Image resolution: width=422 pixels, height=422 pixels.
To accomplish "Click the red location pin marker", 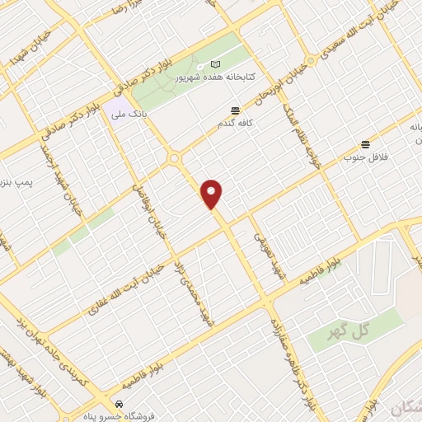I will (213, 194).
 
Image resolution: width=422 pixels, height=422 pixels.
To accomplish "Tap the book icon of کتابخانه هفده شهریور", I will (216, 64).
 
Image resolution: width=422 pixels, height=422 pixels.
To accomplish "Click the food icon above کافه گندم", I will (237, 110).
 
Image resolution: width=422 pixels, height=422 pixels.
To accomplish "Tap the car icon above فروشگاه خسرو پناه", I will (120, 404).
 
